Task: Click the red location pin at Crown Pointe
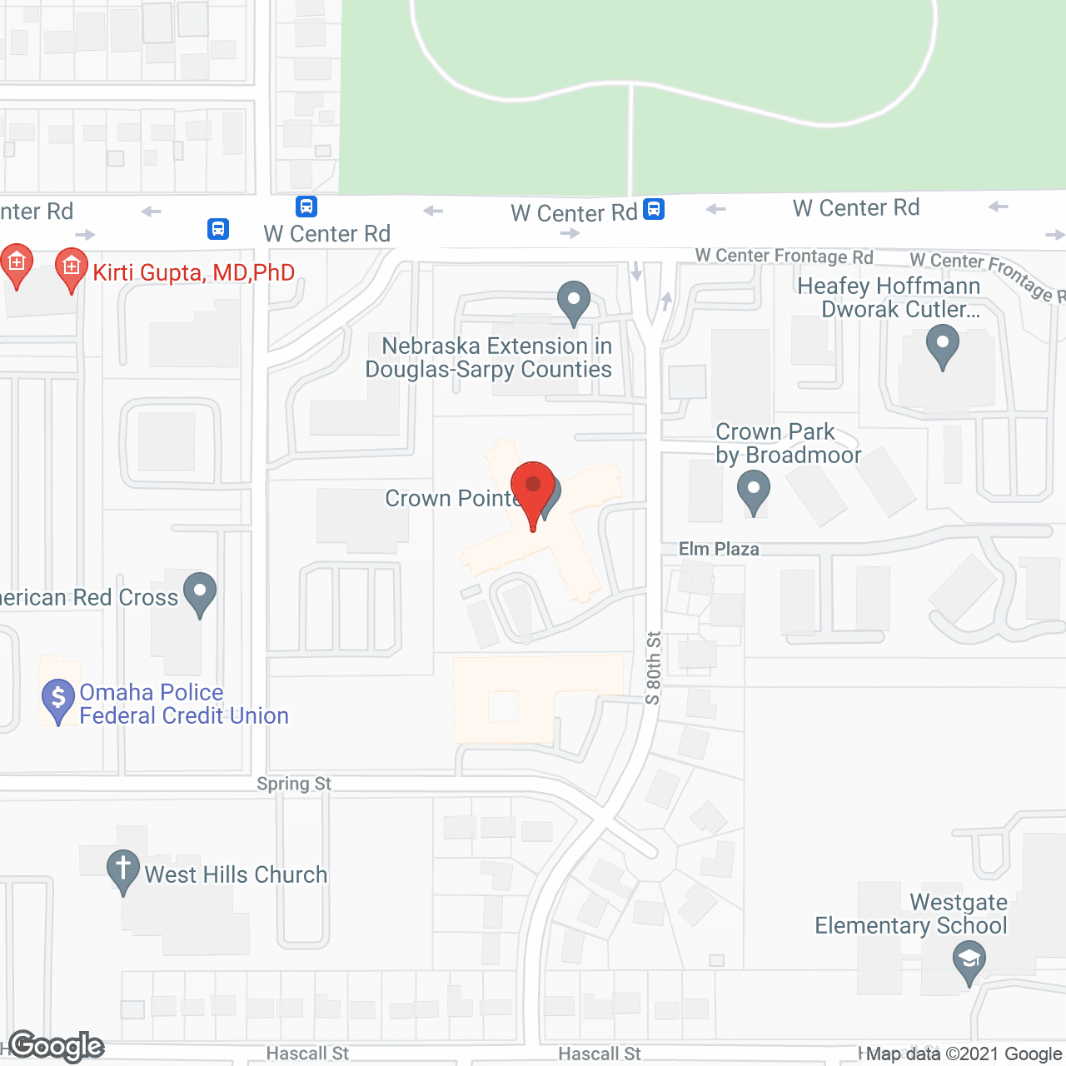coord(532,487)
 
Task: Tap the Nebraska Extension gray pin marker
coord(573,301)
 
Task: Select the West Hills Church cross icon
coord(122,869)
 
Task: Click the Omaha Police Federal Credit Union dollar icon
coord(58,700)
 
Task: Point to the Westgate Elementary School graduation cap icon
coord(969,961)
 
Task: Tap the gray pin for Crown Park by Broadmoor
coord(754,490)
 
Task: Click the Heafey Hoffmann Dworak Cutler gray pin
coord(943,345)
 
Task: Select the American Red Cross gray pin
coord(200,593)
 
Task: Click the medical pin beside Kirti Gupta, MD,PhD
coord(72,268)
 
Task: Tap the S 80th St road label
coord(654,668)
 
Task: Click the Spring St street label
coord(294,784)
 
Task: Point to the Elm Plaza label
coord(719,549)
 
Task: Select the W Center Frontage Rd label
coord(784,256)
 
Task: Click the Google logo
coord(57,1046)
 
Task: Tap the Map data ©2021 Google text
coord(964,1054)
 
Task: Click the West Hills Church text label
coord(236,874)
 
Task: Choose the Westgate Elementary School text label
coord(911,914)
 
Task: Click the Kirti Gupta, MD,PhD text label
coord(194,272)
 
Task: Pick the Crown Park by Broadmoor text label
coord(788,443)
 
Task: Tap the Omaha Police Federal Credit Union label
coord(184,704)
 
